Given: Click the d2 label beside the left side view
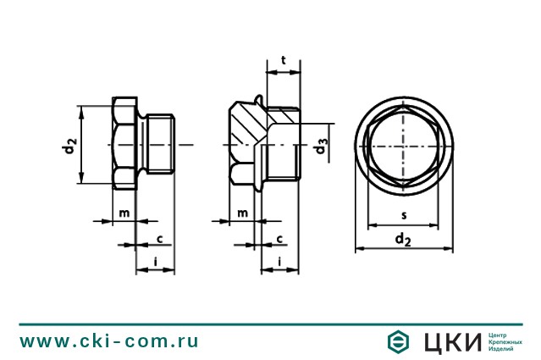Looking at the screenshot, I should point(70,146).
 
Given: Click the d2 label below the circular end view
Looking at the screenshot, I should point(404,241).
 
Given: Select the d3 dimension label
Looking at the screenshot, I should point(320,146).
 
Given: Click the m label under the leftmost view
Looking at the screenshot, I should point(123,211).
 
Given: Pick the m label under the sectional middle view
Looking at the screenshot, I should point(242,211).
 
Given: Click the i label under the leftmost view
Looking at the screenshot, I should point(157,263).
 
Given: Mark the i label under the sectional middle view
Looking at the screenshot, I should point(279,263).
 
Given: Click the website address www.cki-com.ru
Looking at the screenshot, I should point(109,341).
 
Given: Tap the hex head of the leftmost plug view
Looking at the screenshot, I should point(124,145).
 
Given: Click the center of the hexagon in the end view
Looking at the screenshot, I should point(404,145).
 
